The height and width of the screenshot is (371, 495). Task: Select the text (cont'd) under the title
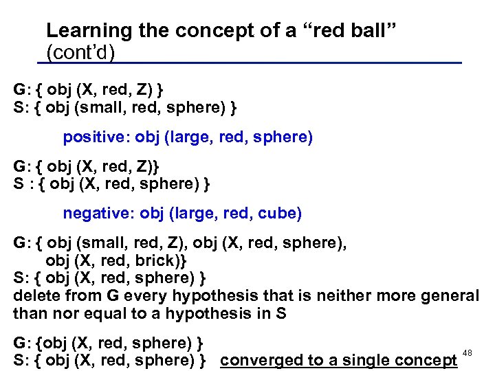click(80, 52)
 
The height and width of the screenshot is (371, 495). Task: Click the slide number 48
click(467, 352)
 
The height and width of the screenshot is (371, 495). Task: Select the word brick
click(160, 262)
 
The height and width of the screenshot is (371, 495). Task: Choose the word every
click(144, 296)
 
